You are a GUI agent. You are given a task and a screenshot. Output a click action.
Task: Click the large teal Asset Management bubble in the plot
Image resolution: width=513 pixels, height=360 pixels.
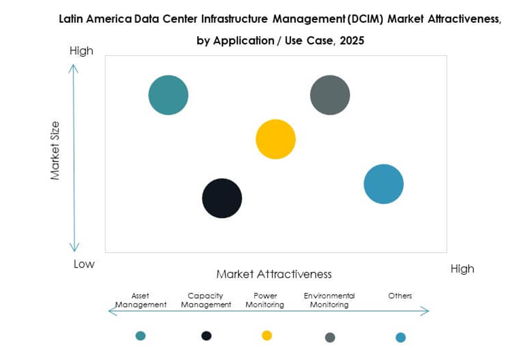pos(168,95)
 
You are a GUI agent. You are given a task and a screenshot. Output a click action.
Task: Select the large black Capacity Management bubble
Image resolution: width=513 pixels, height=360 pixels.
pos(222,198)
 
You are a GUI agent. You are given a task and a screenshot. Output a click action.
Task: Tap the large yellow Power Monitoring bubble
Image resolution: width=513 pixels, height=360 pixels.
pos(276,139)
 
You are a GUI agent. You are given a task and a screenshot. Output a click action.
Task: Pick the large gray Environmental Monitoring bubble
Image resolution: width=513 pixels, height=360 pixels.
pos(330,95)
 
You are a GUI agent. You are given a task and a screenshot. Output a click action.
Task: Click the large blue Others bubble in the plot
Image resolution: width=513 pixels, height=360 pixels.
pos(383,184)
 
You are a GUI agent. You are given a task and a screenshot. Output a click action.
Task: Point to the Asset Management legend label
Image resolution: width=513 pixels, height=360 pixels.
pos(141,300)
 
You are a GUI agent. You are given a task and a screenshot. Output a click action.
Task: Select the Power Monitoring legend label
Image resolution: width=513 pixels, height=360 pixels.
pos(265,300)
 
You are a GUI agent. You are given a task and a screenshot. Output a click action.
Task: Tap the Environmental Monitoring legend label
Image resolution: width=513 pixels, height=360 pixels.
pos(329,300)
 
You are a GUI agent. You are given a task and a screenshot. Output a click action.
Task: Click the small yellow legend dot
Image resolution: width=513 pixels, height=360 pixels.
pos(267,335)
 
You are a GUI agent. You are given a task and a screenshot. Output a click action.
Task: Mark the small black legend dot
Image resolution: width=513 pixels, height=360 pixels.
pos(206,336)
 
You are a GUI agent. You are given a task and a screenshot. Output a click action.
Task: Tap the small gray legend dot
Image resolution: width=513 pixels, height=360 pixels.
pos(330,337)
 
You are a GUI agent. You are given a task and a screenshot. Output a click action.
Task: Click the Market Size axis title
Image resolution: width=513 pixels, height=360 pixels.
pos(55,151)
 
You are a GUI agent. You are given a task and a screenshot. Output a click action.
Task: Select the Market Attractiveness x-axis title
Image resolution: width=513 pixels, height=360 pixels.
pos(274,274)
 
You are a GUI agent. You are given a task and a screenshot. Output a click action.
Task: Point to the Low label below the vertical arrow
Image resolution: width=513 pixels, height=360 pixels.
pos(84,264)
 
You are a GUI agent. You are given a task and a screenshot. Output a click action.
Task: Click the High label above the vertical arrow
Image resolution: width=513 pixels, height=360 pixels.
pos(81,51)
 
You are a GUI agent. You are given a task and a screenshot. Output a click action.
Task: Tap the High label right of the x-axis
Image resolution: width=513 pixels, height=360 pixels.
pos(462,269)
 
